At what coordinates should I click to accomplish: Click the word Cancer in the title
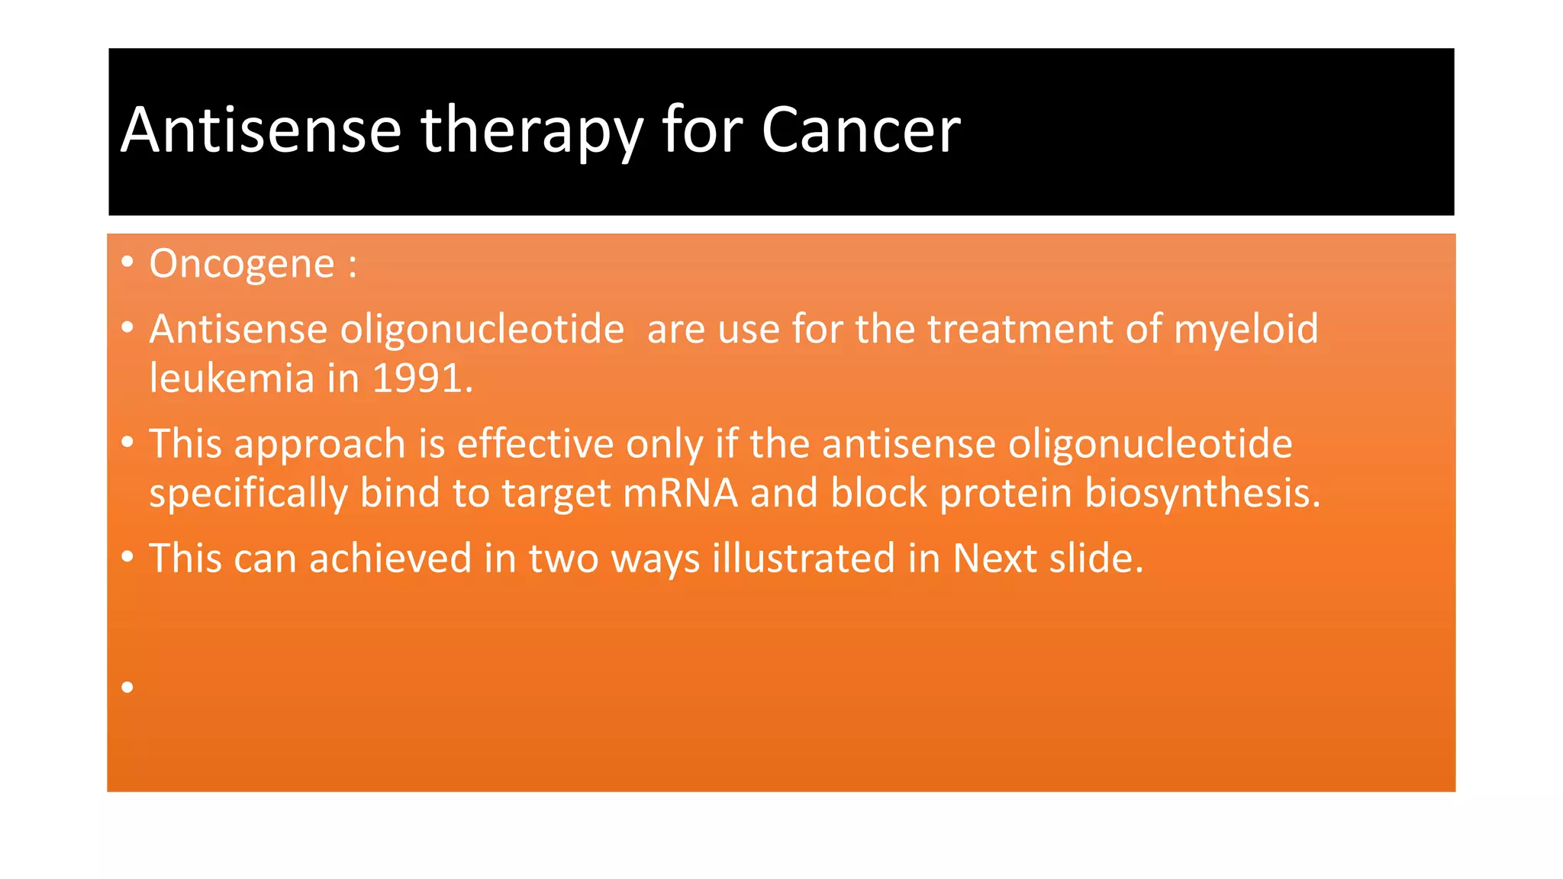[x=860, y=130]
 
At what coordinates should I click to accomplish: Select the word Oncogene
[x=242, y=264]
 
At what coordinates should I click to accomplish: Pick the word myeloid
[x=1246, y=330]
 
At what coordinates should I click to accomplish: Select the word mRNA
[x=680, y=493]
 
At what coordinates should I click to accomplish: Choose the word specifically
[x=248, y=493]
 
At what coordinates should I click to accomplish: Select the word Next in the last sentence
[x=994, y=559]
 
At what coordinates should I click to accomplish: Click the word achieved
[x=390, y=559]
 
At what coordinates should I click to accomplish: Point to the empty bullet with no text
[x=127, y=687]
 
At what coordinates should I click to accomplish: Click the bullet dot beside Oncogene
[x=127, y=262]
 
